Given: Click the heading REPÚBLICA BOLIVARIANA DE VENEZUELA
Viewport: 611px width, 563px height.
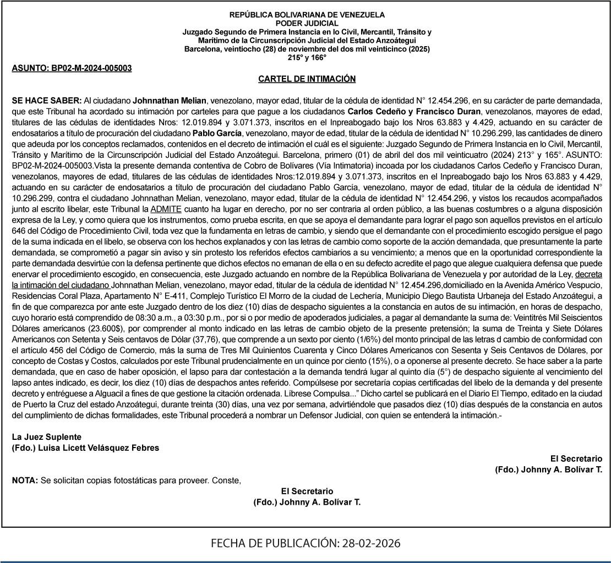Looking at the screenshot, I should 307,15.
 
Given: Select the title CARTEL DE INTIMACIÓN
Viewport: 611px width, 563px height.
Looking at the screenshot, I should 307,80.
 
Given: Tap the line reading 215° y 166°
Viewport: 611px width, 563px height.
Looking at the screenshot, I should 307,58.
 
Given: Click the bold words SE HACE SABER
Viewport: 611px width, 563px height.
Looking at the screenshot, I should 47,102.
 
